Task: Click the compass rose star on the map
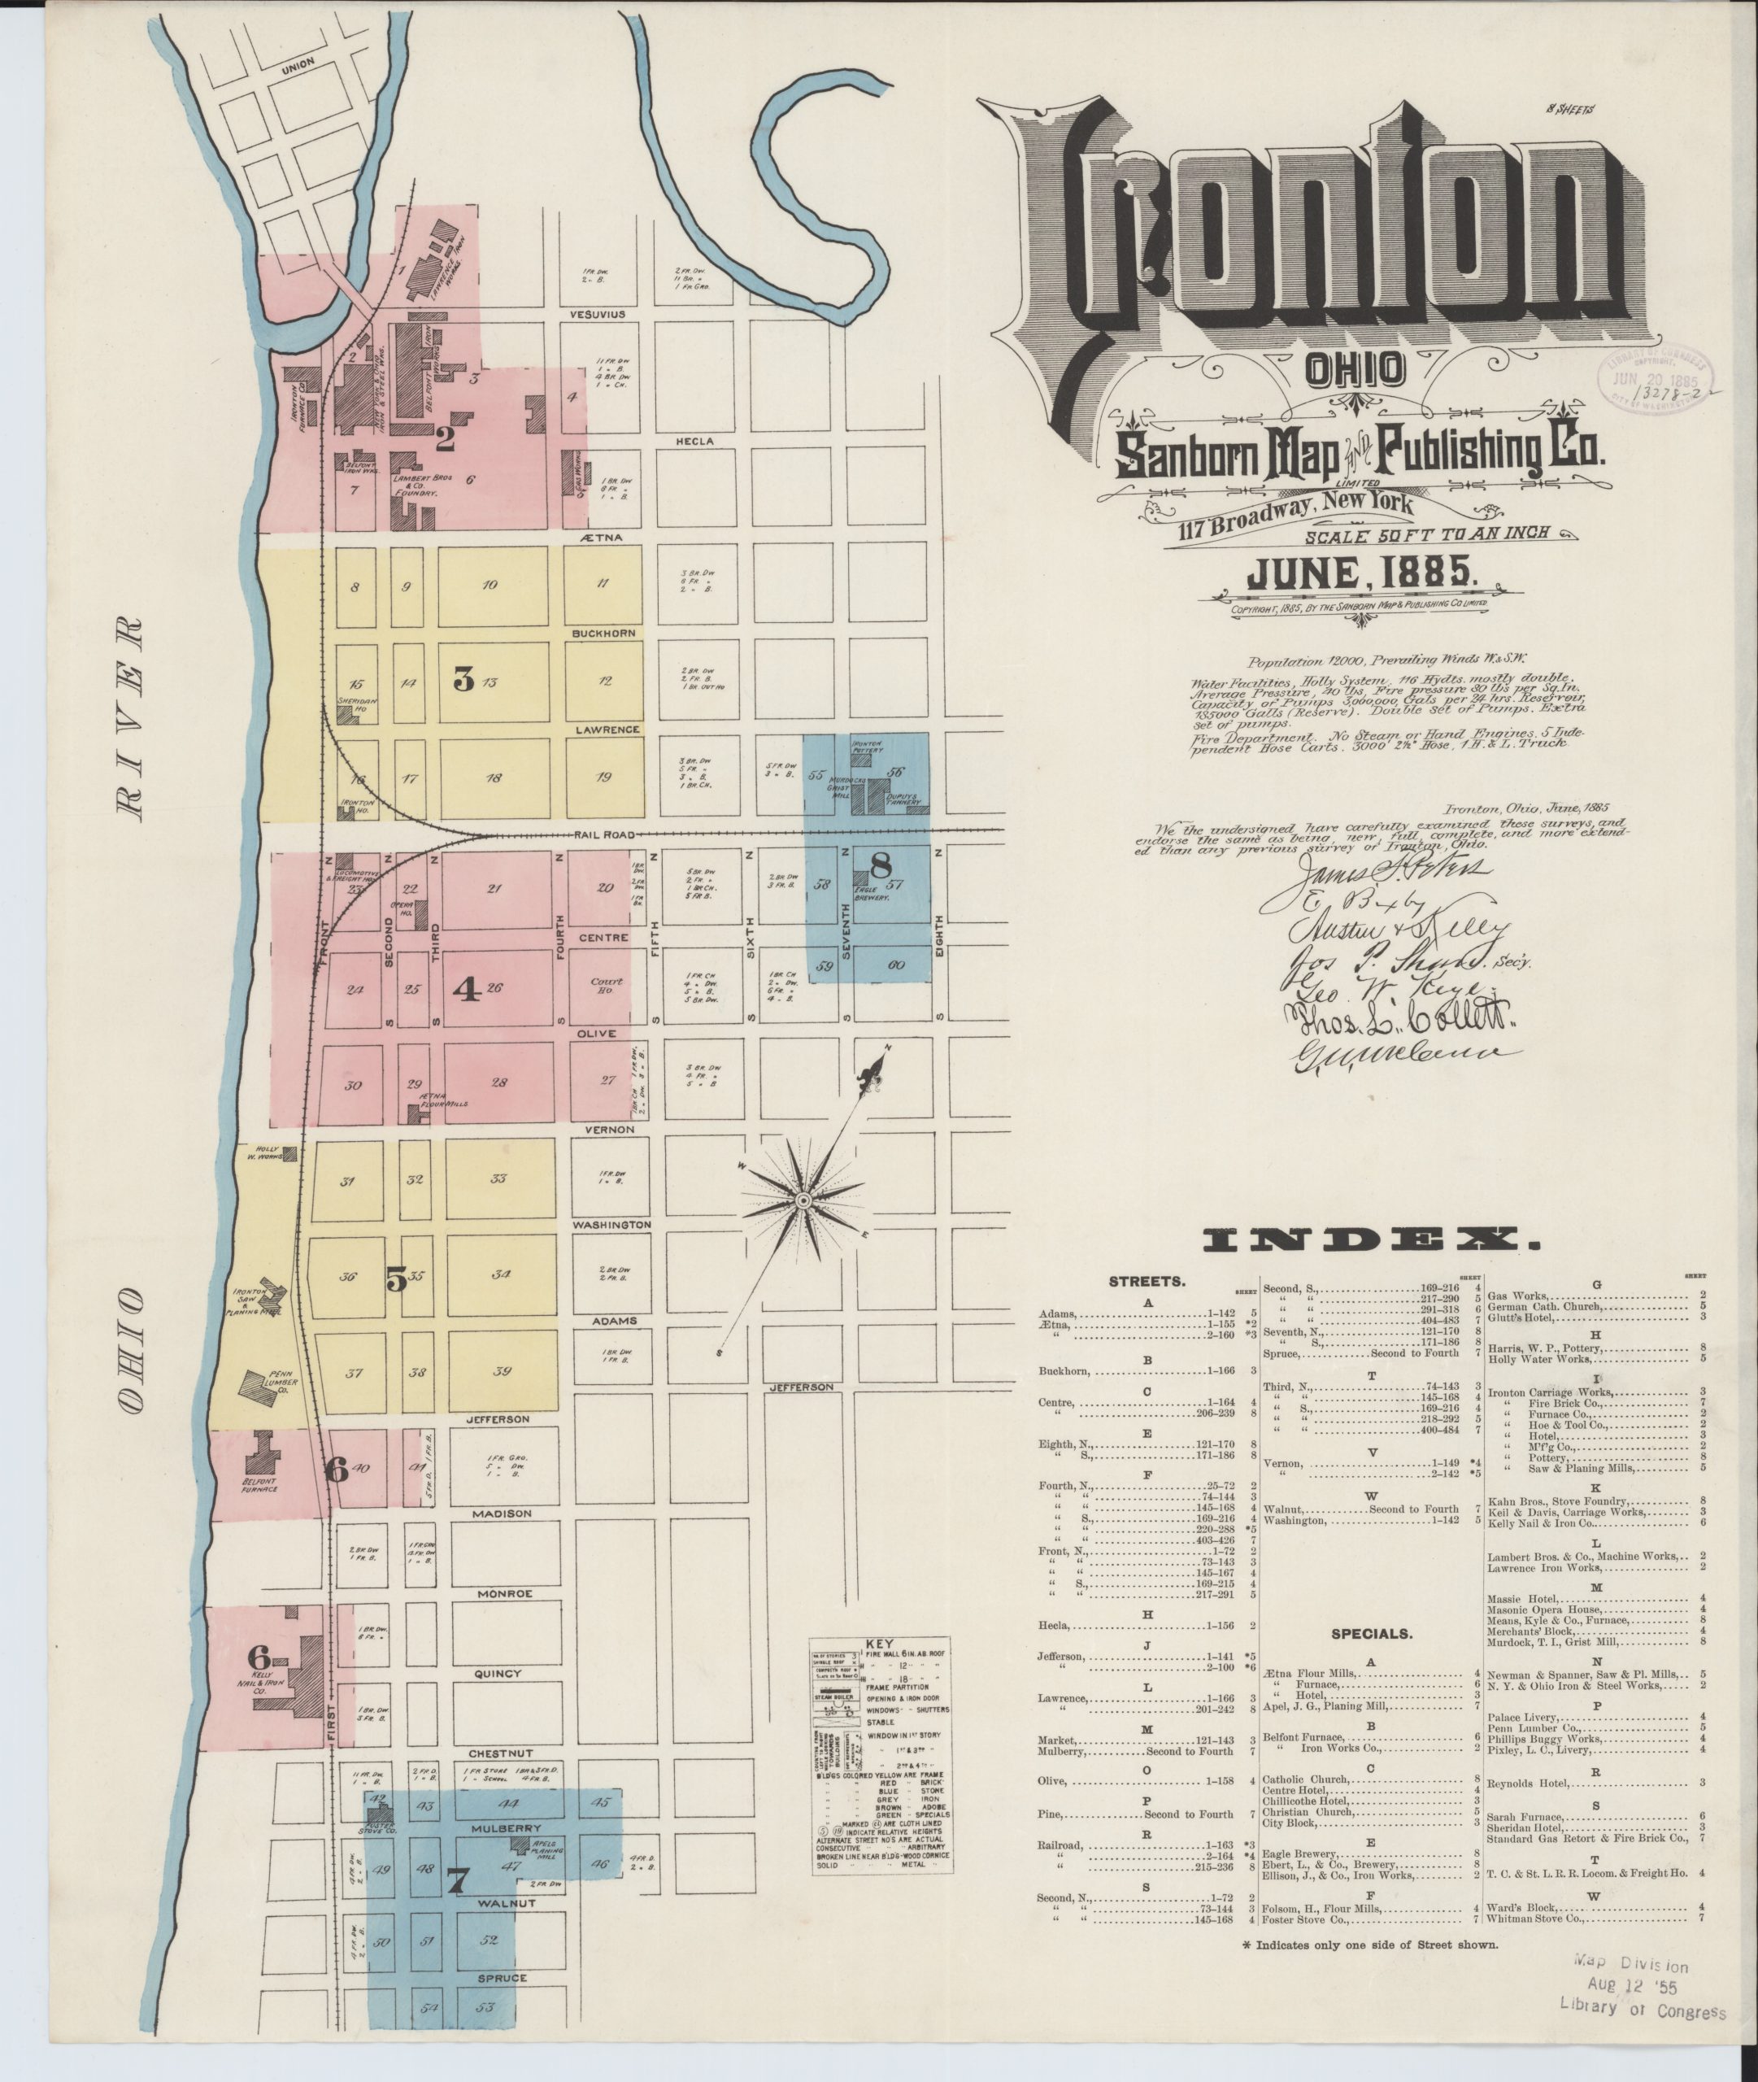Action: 800,1203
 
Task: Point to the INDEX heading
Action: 1370,1239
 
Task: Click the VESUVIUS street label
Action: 597,314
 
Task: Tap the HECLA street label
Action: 694,441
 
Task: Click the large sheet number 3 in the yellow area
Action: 463,680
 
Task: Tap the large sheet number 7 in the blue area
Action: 458,1879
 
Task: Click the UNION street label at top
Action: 297,63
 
